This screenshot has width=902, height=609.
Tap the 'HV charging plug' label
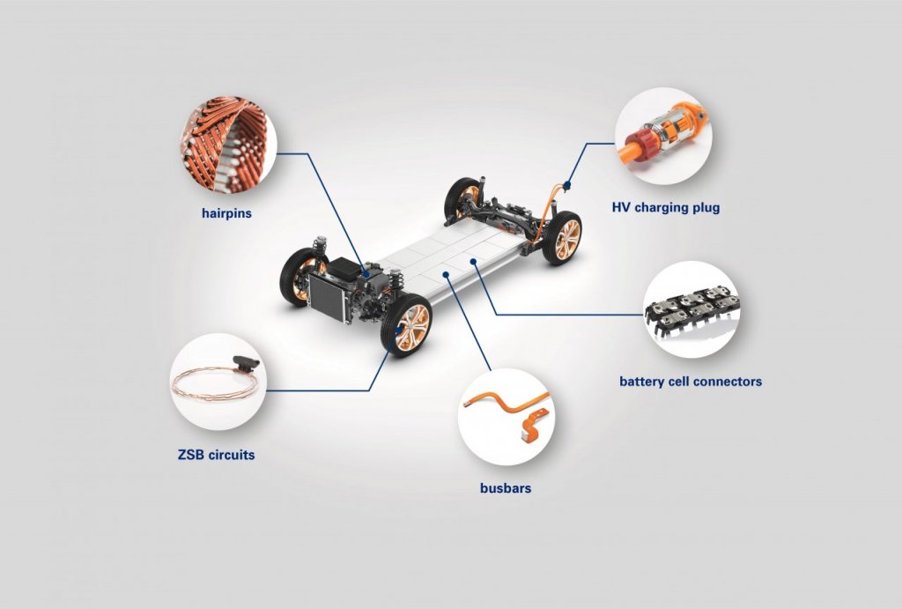click(x=666, y=208)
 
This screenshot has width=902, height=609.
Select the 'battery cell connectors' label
click(x=691, y=382)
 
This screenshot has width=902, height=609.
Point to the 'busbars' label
click(x=506, y=487)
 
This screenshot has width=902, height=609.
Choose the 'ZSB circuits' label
click(x=216, y=455)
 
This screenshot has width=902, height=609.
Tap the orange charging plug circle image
click(x=662, y=136)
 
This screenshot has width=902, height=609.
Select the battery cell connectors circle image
click(x=692, y=309)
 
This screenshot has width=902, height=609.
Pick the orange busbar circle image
click(x=506, y=417)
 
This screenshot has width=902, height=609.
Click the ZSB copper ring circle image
click(x=218, y=382)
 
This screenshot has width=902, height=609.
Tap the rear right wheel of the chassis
click(x=562, y=237)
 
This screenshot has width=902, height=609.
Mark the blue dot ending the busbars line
click(x=447, y=275)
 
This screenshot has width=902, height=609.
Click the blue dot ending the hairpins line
click(x=366, y=275)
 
